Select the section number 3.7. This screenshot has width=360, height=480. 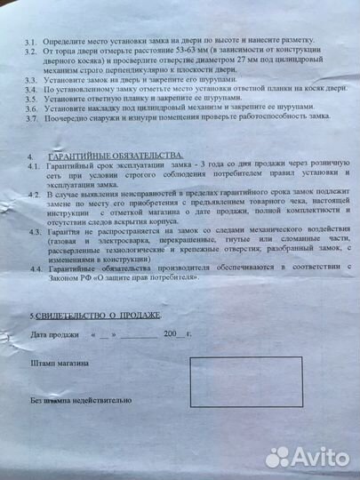tap(31, 117)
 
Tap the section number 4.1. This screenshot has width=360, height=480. tap(32, 167)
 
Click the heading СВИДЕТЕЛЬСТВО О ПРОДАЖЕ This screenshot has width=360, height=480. tap(99, 316)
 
